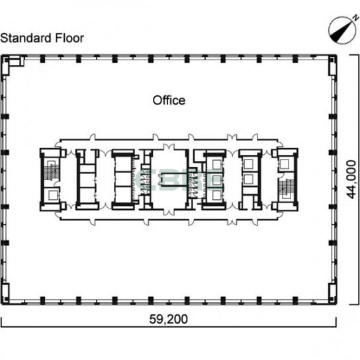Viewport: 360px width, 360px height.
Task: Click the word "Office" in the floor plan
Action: tap(169, 101)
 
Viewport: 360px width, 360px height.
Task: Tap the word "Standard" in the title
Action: tap(26, 38)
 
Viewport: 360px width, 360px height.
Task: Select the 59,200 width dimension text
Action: tap(169, 319)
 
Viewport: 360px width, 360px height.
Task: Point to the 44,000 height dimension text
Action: tap(351, 179)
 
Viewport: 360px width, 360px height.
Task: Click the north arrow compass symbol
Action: tap(341, 30)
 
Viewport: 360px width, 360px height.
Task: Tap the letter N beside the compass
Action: tap(356, 17)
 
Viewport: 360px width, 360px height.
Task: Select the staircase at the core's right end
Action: tap(286, 188)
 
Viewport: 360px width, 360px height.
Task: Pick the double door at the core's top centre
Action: tap(169, 147)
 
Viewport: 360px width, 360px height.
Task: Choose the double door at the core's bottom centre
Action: tap(169, 212)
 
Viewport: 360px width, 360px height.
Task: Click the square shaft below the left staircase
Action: tap(52, 195)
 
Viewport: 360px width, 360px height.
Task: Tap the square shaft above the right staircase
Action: tap(285, 164)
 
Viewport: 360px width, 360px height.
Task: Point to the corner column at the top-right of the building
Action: tap(332, 66)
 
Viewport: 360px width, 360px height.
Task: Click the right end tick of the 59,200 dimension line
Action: tap(336, 322)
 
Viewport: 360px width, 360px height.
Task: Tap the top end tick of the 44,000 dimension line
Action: tap(354, 55)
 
